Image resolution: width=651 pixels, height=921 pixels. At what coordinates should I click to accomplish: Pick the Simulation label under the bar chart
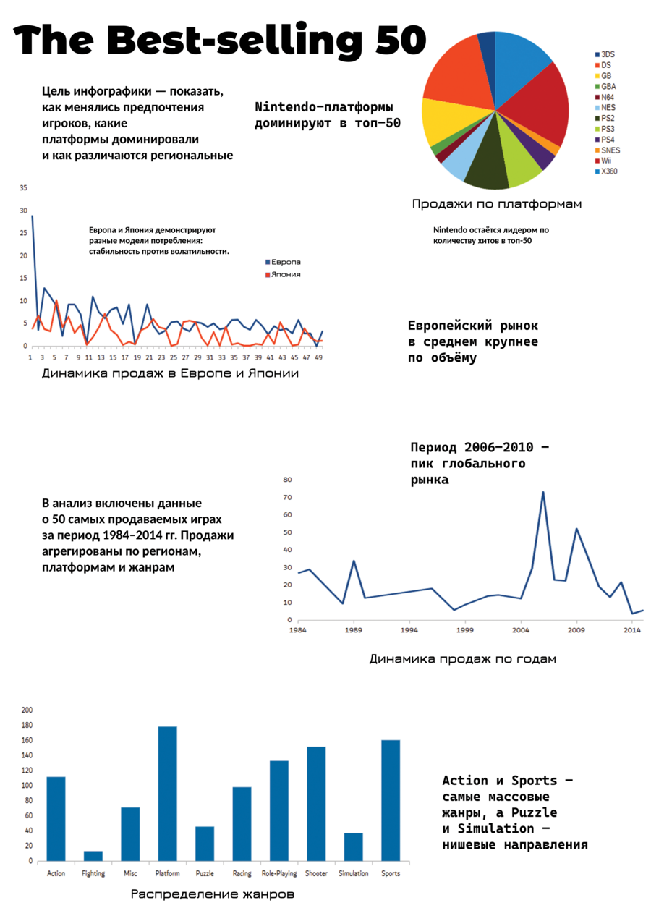[354, 873]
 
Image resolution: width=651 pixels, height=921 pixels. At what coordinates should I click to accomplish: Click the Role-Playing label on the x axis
[279, 873]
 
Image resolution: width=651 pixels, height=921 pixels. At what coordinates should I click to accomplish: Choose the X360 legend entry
[606, 171]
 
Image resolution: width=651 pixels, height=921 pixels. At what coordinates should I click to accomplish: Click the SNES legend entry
[608, 150]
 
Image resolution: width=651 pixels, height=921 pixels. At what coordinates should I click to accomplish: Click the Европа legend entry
[283, 262]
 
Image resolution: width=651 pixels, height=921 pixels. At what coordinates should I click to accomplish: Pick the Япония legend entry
[283, 274]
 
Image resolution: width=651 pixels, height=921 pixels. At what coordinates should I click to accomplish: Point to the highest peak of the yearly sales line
[543, 492]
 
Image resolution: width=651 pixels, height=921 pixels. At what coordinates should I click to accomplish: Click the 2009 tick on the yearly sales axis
[576, 630]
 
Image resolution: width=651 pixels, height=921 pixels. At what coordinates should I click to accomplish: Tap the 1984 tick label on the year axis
[297, 630]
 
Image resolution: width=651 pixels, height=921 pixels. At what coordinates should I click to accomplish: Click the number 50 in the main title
[401, 40]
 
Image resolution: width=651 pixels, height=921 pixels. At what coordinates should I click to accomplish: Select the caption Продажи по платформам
[496, 204]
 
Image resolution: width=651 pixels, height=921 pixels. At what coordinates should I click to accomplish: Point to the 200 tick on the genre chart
[27, 710]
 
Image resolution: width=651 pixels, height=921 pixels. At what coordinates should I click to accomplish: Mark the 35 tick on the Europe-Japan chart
[23, 188]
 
